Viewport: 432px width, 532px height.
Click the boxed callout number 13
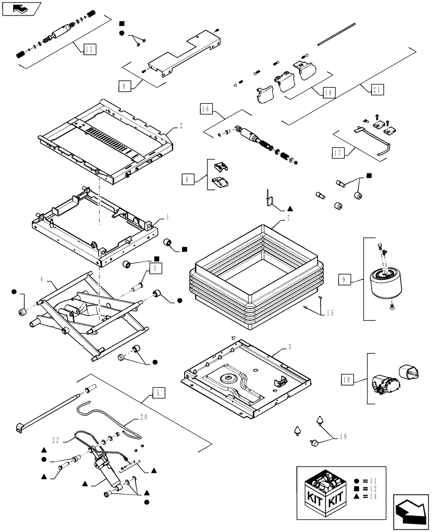[88, 49]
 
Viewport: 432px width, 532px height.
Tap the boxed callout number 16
[206, 110]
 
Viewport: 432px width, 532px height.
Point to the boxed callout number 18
[328, 92]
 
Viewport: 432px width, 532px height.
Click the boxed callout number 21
[377, 90]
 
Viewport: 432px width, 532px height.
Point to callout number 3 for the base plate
[289, 347]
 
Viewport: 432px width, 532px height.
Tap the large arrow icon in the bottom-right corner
[411, 511]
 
